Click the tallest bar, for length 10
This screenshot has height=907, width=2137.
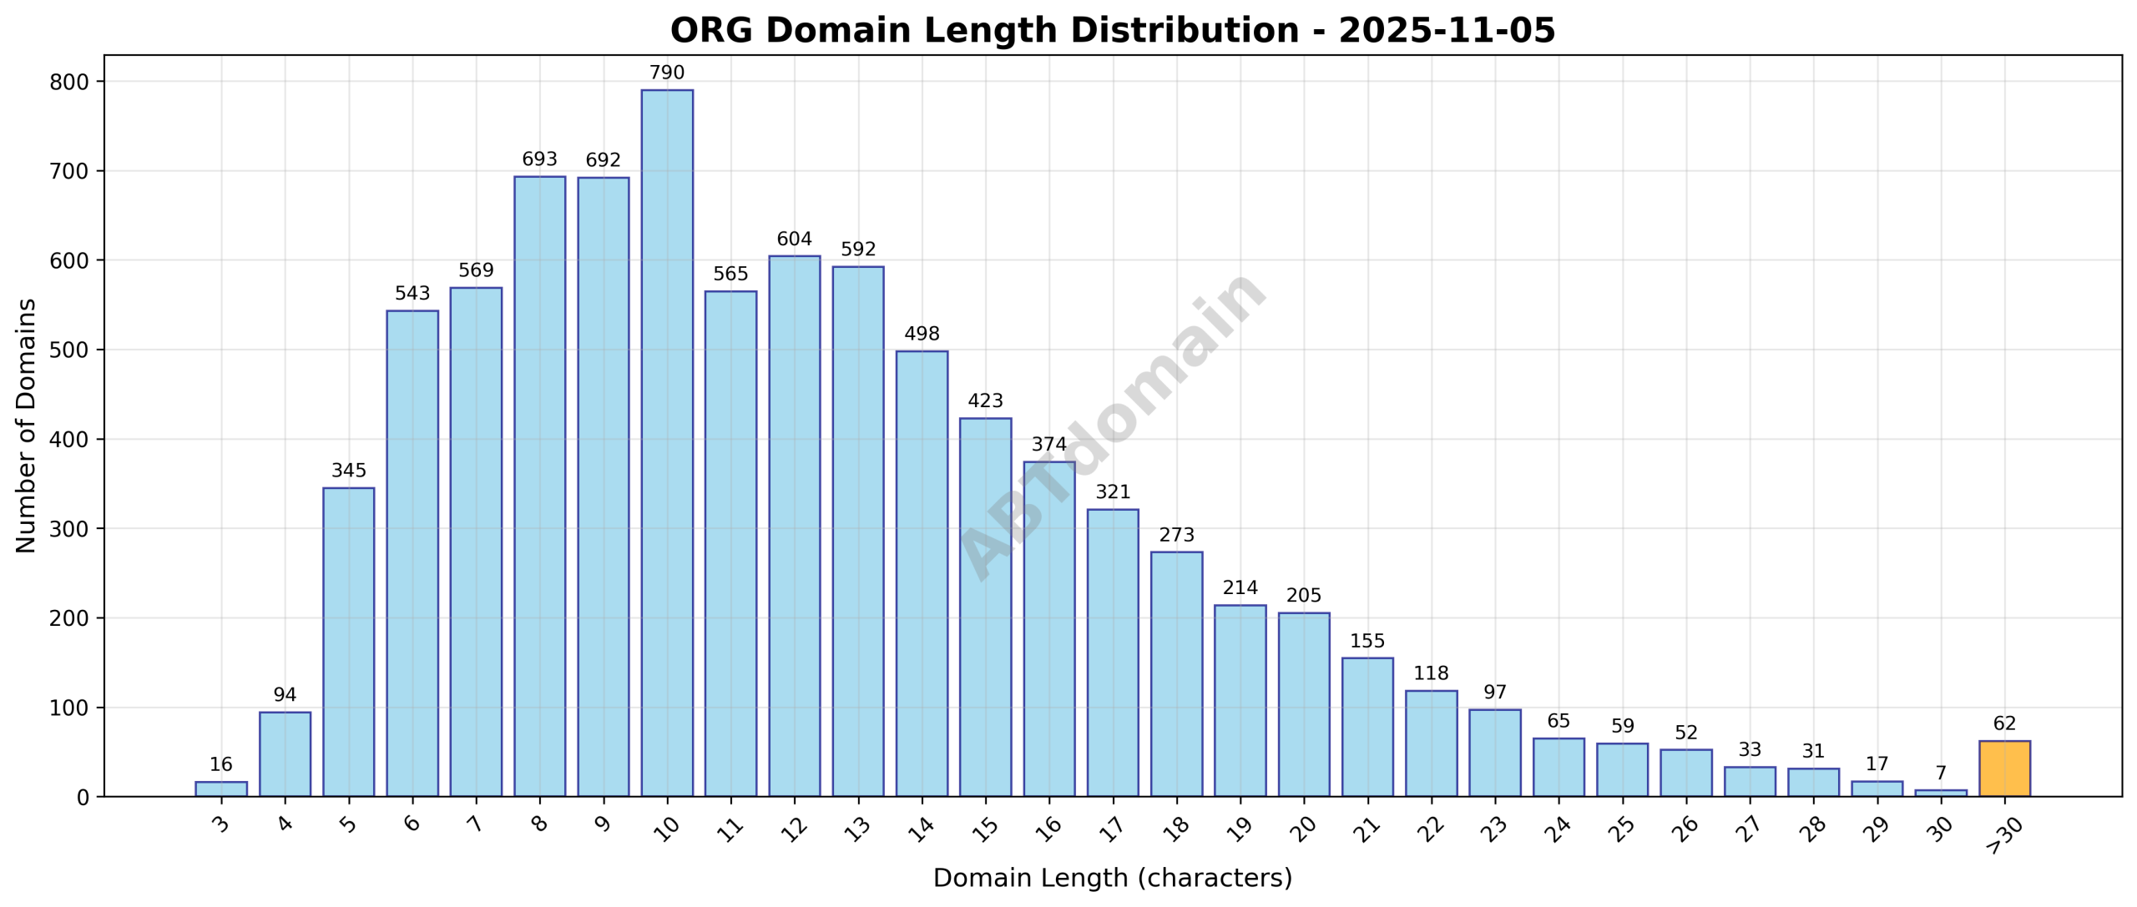[666, 442]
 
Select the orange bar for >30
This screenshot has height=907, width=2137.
[2003, 768]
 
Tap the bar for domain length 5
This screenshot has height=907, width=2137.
[348, 642]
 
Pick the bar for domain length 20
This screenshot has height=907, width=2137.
[1303, 704]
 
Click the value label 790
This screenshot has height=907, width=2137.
[666, 73]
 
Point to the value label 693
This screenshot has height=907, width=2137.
[539, 159]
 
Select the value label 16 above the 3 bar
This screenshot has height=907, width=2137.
[220, 765]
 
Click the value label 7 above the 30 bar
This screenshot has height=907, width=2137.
[1940, 773]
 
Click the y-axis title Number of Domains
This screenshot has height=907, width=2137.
[26, 426]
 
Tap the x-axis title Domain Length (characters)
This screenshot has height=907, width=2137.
[1112, 878]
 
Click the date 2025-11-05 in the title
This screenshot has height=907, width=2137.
[1447, 31]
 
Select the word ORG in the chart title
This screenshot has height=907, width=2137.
[711, 31]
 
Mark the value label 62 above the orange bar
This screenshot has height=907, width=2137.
[2003, 723]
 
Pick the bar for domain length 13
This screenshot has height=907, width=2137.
[857, 532]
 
